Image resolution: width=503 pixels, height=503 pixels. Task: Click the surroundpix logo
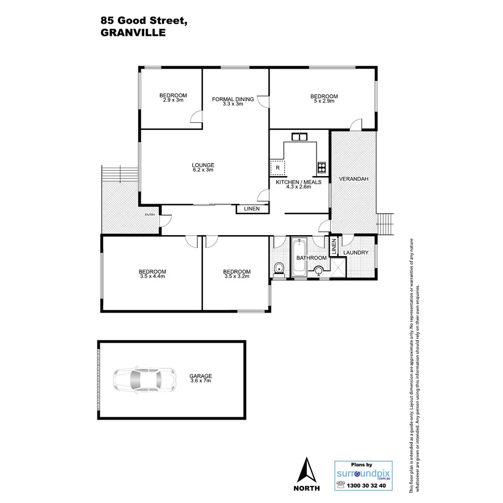[363, 474]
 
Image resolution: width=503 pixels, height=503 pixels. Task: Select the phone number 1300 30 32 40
[367, 486]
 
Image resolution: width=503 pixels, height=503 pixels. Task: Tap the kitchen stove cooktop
[321, 167]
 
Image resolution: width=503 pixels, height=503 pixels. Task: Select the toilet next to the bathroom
[279, 269]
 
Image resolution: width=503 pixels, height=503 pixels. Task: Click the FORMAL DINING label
[233, 99]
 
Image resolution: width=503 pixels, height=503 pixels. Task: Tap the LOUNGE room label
[203, 165]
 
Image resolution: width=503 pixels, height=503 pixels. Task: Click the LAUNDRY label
[356, 253]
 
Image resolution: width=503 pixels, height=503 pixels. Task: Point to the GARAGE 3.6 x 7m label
[200, 378]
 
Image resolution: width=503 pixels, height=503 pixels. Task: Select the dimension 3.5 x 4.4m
[152, 276]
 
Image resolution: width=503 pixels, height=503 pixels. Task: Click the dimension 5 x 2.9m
[324, 101]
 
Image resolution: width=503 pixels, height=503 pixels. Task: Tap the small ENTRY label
[150, 215]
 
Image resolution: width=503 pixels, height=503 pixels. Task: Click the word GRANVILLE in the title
[133, 33]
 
